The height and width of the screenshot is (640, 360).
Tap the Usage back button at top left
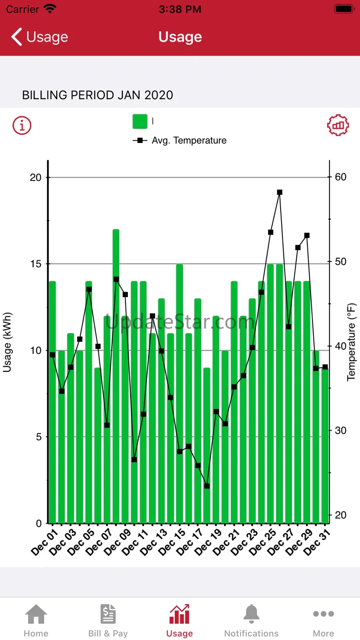pyautogui.click(x=40, y=37)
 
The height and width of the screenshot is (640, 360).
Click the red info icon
pyautogui.click(x=22, y=125)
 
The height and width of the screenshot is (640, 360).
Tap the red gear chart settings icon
pyautogui.click(x=338, y=125)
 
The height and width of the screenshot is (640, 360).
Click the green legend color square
pyautogui.click(x=140, y=121)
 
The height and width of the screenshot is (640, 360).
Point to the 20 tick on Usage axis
pyautogui.click(x=36, y=178)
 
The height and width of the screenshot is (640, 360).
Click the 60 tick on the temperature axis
pyautogui.click(x=341, y=177)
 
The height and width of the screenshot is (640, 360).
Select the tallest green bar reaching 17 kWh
pyautogui.click(x=116, y=369)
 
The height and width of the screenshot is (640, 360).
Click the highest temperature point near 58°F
pyautogui.click(x=280, y=192)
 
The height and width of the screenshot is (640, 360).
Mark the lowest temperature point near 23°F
pyautogui.click(x=207, y=486)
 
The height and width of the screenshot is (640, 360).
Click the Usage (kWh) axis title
pyautogui.click(x=7, y=342)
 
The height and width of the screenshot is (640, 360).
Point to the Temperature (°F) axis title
pyautogui.click(x=352, y=342)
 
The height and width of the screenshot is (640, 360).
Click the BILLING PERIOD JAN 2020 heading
pyautogui.click(x=98, y=96)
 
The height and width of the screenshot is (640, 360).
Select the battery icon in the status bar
pyautogui.click(x=344, y=9)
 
